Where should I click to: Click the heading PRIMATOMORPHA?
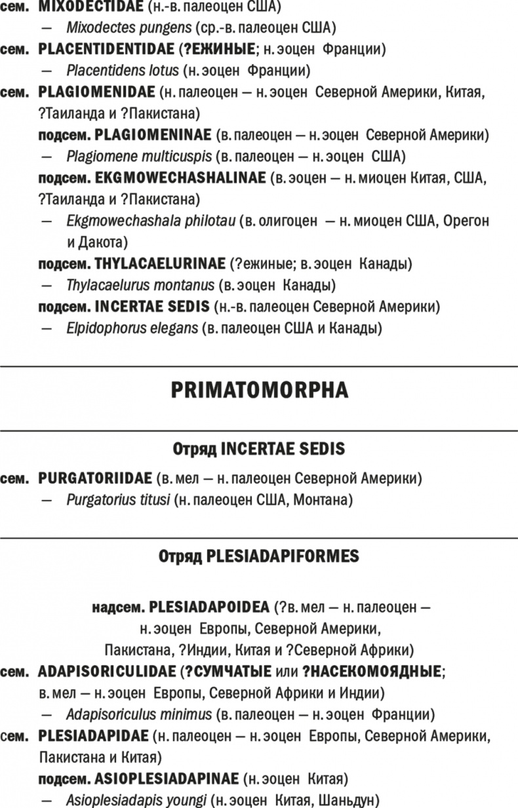259,391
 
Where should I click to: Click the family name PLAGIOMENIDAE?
96,92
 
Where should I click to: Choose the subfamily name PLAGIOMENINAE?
153,135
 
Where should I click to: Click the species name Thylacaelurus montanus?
140,285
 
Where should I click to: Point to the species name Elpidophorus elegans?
132,327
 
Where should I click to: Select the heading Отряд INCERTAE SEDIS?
258,450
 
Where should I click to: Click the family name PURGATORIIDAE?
95,479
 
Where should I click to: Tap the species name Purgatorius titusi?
118,501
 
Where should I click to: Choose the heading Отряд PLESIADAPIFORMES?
258,557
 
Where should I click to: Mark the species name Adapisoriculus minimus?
139,714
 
